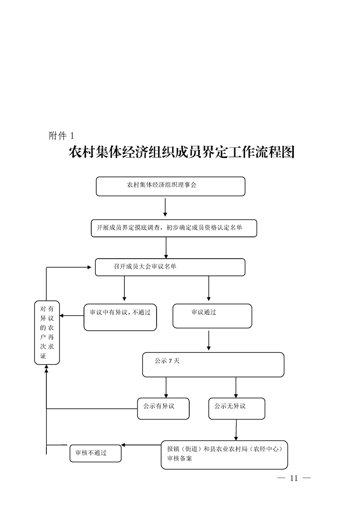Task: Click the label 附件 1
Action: coord(61,136)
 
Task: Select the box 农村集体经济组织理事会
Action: coord(170,186)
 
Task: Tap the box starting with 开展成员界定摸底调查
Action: coord(174,228)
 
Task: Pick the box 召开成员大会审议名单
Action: coord(170,267)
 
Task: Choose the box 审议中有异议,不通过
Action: coord(120,317)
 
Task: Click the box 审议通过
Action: coord(212,316)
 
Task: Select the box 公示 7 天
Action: coord(213,365)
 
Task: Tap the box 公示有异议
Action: coord(163,408)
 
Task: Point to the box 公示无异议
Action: coord(237,408)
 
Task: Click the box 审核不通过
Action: coord(95,453)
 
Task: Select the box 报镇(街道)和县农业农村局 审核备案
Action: coord(224,455)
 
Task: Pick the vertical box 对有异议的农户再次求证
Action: coord(47,332)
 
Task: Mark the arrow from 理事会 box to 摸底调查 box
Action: coord(165,207)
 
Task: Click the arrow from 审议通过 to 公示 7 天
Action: coord(208,340)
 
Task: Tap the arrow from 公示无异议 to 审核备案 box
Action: coord(236,430)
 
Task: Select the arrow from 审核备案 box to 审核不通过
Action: coord(141,445)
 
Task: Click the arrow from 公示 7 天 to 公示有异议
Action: coord(166,387)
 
